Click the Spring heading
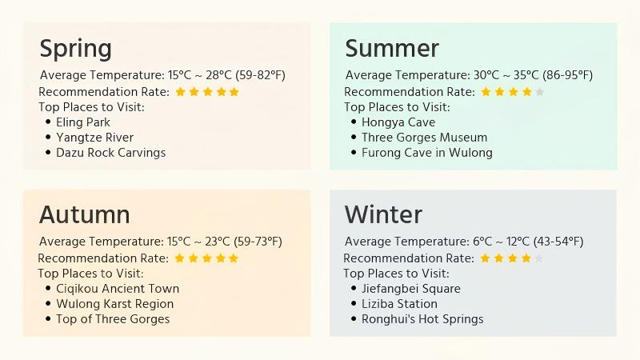click(76, 49)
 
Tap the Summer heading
click(392, 49)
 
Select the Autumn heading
click(84, 214)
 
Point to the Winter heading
click(383, 214)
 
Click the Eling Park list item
click(83, 122)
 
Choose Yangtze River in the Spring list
click(94, 138)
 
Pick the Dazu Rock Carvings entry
click(110, 153)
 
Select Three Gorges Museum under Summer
click(424, 138)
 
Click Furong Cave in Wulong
click(426, 153)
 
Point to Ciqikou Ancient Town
click(118, 289)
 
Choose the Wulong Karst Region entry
click(114, 304)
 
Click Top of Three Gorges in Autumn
click(113, 319)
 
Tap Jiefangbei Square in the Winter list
click(411, 289)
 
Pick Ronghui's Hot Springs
click(422, 319)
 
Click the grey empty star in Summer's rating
click(539, 92)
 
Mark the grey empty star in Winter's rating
click(538, 258)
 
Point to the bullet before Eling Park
click(48, 122)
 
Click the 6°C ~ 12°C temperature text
click(497, 242)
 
